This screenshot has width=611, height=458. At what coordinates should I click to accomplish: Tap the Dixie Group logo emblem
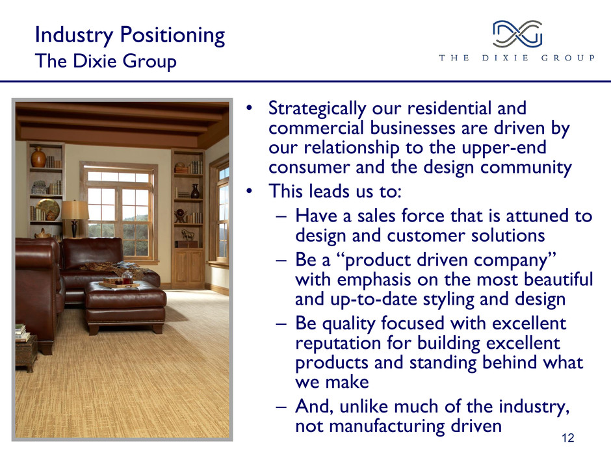tap(517, 34)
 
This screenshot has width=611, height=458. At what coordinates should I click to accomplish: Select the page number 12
tap(567, 438)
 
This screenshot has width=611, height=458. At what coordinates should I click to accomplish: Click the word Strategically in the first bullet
tap(317, 108)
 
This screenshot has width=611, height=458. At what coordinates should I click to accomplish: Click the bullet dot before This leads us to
tap(250, 191)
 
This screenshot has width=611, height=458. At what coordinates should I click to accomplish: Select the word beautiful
tap(558, 279)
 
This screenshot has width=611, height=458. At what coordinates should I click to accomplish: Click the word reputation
tap(338, 344)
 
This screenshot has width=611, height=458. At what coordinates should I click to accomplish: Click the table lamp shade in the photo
tap(75, 210)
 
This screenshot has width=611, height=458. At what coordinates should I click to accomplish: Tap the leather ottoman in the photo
tap(126, 307)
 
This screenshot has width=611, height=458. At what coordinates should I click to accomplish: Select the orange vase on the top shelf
tap(38, 157)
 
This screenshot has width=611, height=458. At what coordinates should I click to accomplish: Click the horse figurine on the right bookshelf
tap(187, 235)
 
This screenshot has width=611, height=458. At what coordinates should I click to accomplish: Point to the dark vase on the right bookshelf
tap(195, 191)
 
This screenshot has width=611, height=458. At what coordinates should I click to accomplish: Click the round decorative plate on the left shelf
tap(48, 209)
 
